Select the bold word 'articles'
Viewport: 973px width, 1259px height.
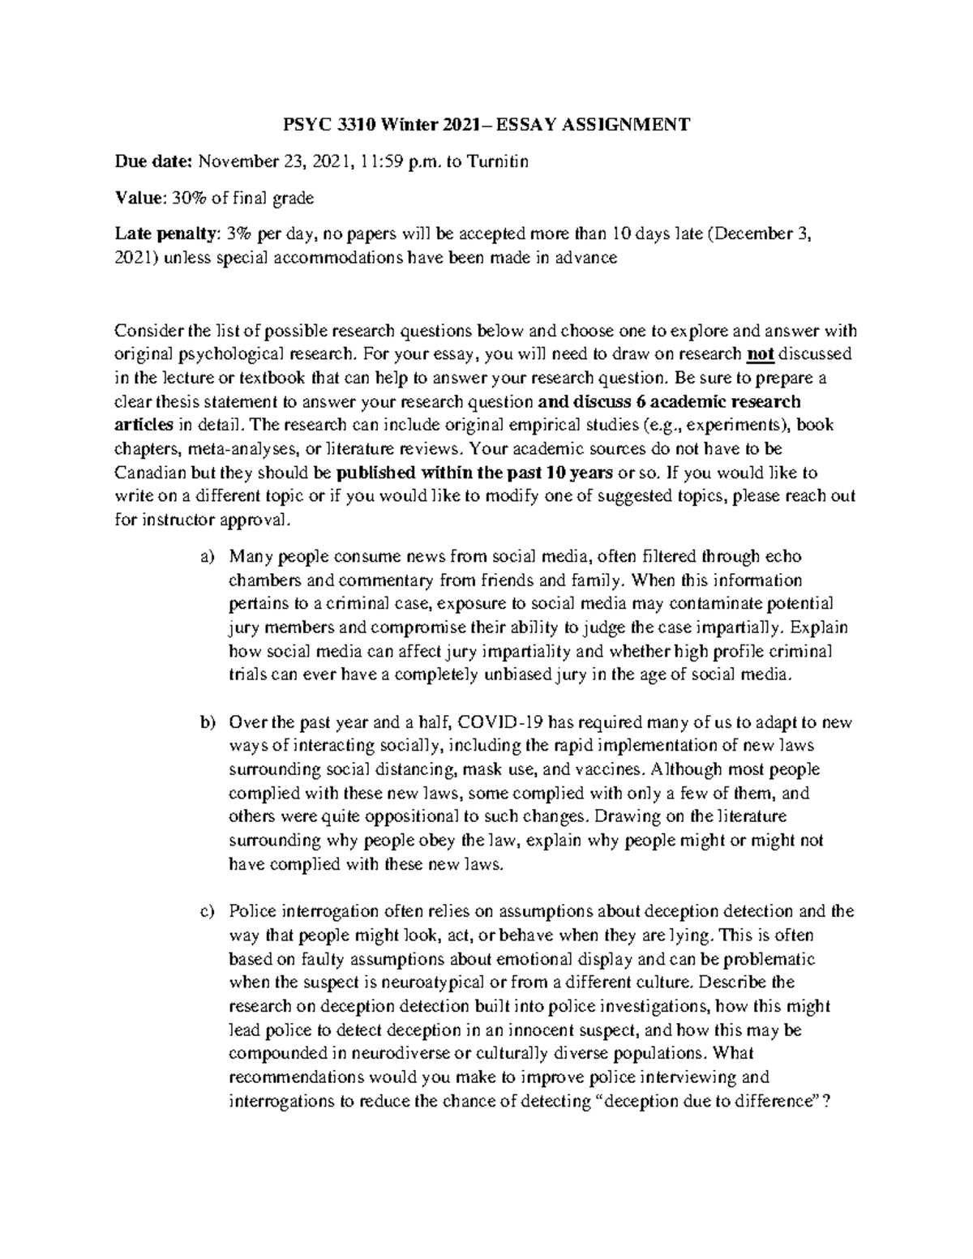[144, 425]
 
